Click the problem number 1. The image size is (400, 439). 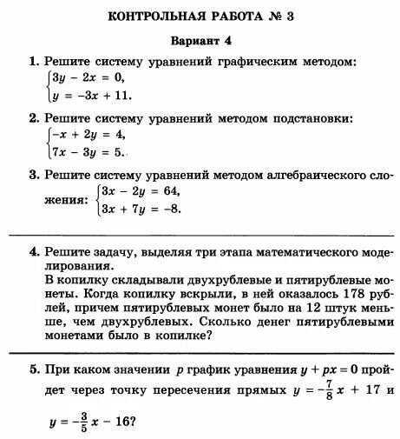33,62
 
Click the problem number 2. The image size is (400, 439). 33,118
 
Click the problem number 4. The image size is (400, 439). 33,252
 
